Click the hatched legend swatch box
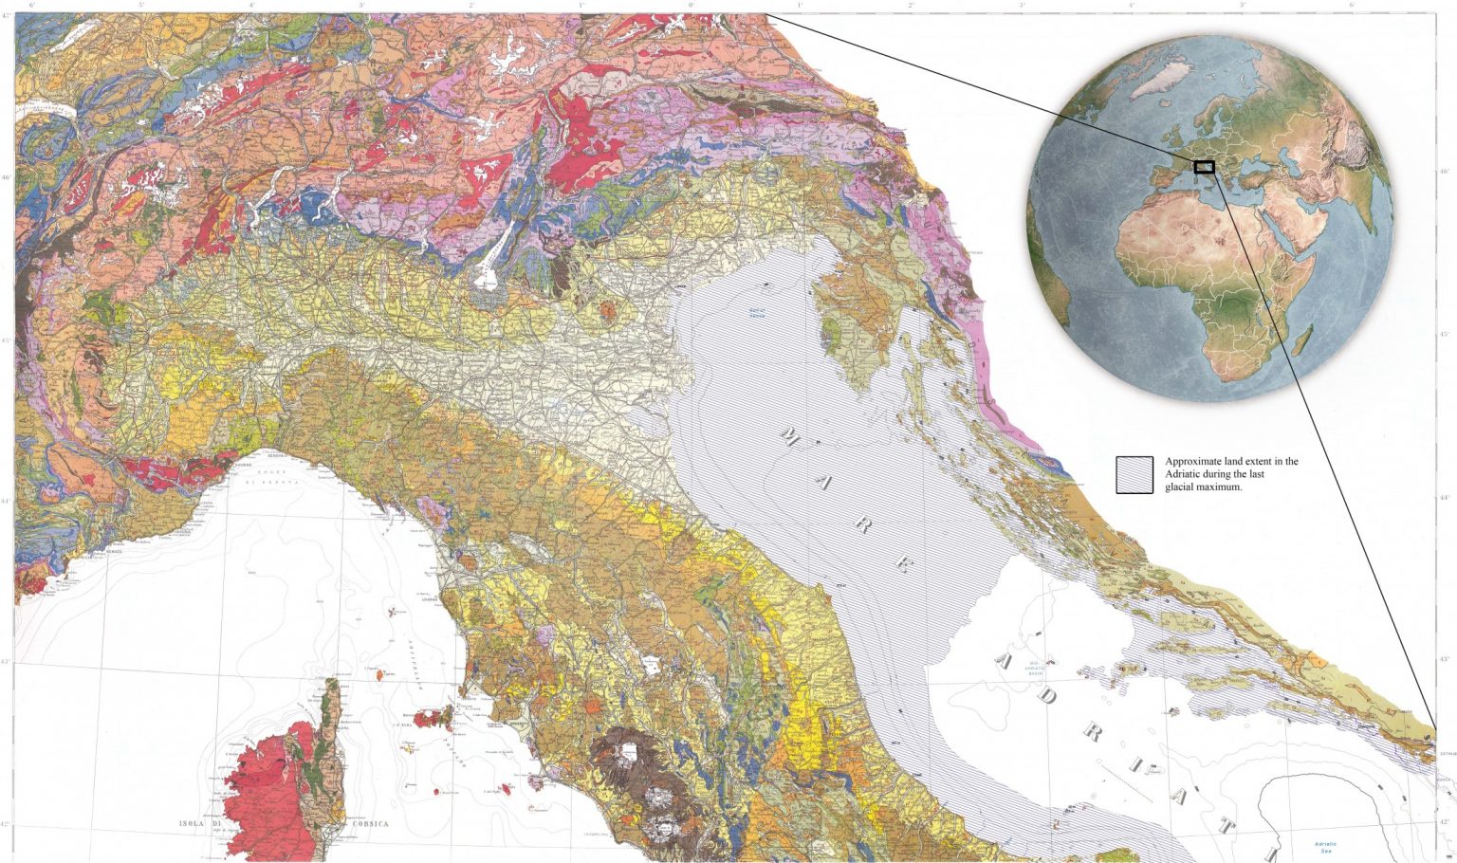[x=1134, y=474]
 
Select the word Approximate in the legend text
[x=1192, y=462]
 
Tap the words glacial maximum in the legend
[x=1204, y=487]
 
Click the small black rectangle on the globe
[x=1205, y=167]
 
